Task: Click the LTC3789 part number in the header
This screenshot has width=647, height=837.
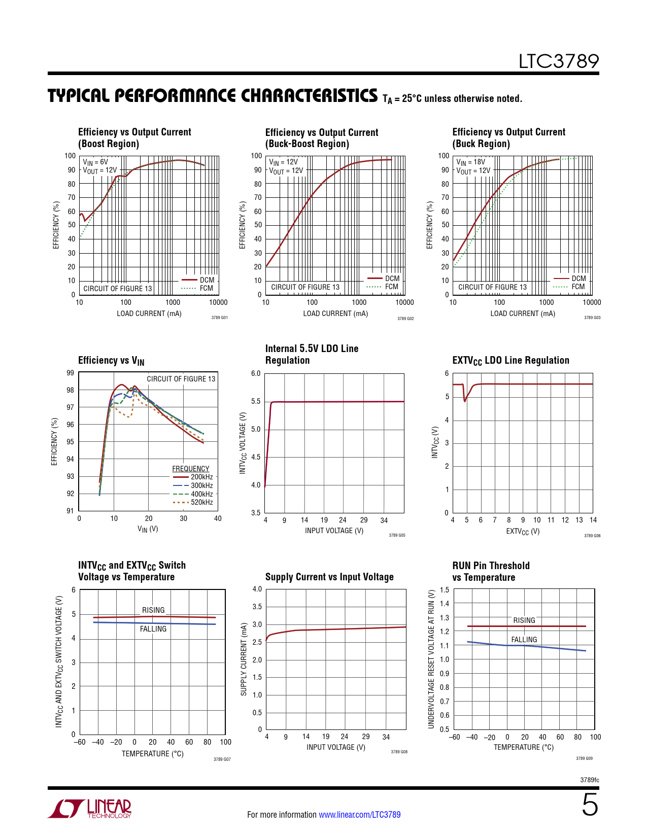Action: point(558,61)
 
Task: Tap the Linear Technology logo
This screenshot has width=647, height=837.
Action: point(90,809)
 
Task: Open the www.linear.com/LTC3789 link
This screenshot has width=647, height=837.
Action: point(359,815)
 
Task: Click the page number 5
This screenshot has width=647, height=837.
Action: point(590,805)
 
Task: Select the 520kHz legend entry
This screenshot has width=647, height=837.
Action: point(201,502)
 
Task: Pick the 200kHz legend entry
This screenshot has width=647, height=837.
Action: point(201,477)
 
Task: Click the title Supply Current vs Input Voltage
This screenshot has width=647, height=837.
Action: point(329,577)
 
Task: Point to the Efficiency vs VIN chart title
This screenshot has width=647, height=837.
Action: point(111,361)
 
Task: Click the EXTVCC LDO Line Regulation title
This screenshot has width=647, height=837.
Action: point(510,361)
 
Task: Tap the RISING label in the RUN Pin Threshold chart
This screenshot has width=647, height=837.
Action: point(524,620)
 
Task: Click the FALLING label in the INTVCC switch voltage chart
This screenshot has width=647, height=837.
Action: point(153,629)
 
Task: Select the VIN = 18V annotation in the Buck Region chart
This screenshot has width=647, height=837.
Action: point(471,162)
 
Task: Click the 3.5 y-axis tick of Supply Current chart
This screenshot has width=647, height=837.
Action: point(257,607)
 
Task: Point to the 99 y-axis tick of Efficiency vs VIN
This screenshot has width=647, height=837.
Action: point(70,373)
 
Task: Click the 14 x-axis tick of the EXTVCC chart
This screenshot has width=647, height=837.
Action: point(593,520)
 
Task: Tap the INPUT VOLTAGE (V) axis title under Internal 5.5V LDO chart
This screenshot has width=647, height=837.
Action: point(334,531)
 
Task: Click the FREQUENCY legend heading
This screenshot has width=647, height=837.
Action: point(190,469)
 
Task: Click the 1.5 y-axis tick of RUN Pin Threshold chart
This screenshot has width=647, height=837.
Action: point(445,590)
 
